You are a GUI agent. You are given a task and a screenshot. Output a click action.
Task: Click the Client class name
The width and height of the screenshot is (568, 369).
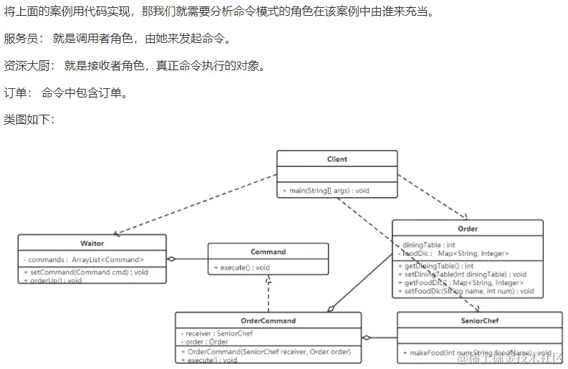(337, 159)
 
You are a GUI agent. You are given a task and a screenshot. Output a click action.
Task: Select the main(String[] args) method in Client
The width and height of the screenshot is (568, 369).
(326, 191)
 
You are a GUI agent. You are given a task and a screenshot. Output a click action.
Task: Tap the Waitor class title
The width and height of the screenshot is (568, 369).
(92, 244)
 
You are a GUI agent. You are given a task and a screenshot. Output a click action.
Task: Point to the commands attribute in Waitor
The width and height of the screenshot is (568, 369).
(84, 259)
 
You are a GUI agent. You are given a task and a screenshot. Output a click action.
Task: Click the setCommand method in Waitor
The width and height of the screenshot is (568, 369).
(86, 272)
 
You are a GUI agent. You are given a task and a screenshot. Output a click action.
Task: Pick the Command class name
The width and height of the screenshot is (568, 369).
(268, 251)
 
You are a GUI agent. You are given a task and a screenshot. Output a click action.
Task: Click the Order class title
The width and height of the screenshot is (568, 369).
(467, 229)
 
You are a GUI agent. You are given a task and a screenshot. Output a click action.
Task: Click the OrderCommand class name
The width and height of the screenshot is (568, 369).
(268, 320)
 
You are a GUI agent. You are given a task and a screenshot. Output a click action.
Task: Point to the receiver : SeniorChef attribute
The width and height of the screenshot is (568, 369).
(214, 333)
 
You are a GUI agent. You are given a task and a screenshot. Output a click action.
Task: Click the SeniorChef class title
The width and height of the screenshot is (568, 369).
(479, 320)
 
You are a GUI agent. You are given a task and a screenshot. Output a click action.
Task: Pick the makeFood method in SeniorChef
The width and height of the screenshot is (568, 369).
(477, 353)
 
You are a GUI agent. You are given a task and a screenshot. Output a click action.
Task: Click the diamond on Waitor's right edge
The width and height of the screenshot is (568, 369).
(171, 259)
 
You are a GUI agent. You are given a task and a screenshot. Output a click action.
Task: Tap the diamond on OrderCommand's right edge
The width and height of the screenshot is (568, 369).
(367, 337)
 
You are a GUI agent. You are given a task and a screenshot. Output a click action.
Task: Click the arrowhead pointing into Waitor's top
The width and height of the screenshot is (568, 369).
(117, 231)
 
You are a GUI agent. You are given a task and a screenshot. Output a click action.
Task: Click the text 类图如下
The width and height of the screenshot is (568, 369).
(29, 118)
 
